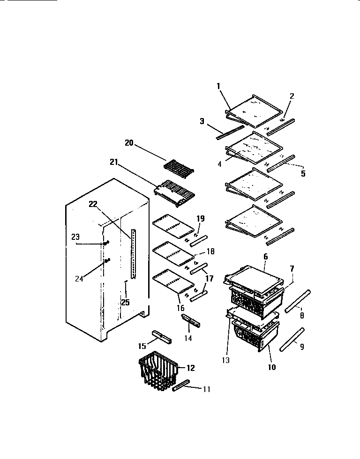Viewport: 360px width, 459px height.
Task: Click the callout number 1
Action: coord(218,86)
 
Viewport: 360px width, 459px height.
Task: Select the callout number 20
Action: coord(129,143)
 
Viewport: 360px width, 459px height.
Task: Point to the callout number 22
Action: coord(92,204)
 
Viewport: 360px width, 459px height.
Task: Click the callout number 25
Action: coord(125,303)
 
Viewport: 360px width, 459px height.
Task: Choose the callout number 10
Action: coord(272,368)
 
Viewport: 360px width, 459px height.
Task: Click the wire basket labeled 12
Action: coord(157,372)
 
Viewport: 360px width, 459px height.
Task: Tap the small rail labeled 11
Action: coord(181,386)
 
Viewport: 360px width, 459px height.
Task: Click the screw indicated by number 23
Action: coord(107,243)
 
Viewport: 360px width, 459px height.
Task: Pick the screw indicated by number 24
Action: coord(107,260)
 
